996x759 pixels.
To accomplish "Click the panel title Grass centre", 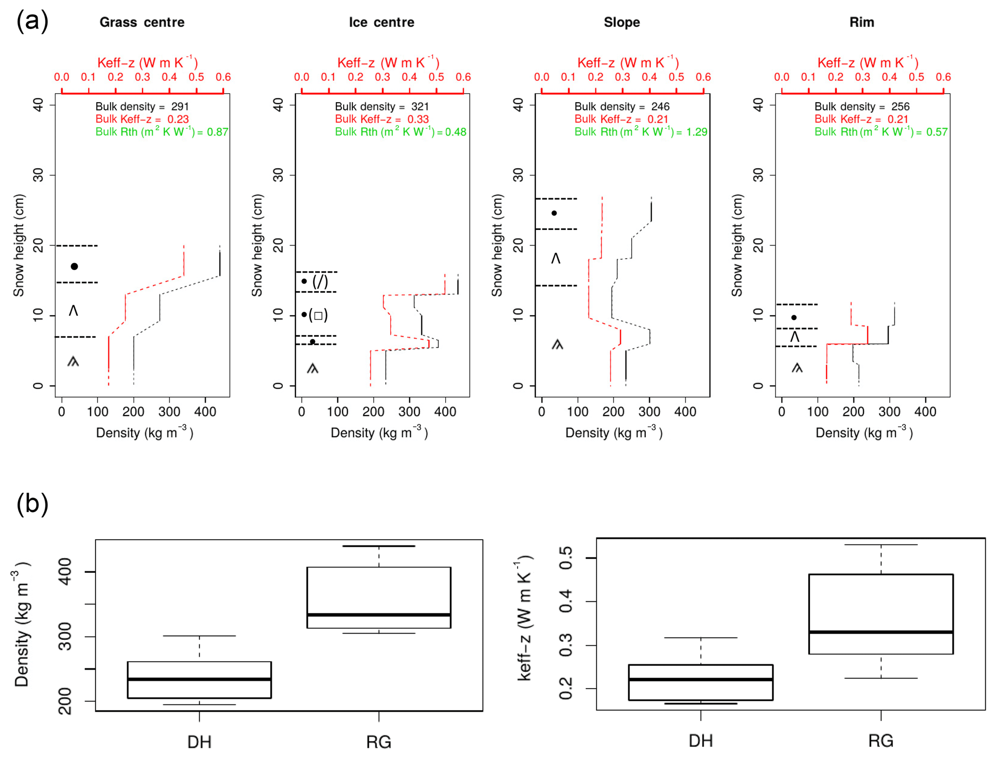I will click(x=142, y=22).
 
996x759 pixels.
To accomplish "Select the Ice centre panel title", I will click(x=381, y=22).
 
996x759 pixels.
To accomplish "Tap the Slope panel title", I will click(x=622, y=22).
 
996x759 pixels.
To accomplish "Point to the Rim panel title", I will click(x=861, y=22).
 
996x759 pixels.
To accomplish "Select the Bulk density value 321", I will click(x=420, y=107).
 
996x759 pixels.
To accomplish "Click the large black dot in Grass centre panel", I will click(x=74, y=266).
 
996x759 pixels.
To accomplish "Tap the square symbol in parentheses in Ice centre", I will click(x=318, y=316).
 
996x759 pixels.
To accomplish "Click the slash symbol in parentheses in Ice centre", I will click(x=320, y=281).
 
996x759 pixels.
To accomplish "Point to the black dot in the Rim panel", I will click(x=794, y=317).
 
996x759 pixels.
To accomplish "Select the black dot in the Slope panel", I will click(x=554, y=213).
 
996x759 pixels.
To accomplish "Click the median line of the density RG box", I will click(x=379, y=615).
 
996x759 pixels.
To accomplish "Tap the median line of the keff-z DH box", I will click(x=701, y=679).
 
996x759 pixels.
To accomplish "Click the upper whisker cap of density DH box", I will click(x=199, y=636).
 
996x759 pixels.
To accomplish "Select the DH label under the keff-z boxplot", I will click(x=701, y=741).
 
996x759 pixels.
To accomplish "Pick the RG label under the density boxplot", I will click(x=379, y=742).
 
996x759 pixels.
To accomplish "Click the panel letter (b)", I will click(x=32, y=504).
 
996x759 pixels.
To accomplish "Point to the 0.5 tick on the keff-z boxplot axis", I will click(x=566, y=558).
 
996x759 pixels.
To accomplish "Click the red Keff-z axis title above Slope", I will click(x=628, y=63).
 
